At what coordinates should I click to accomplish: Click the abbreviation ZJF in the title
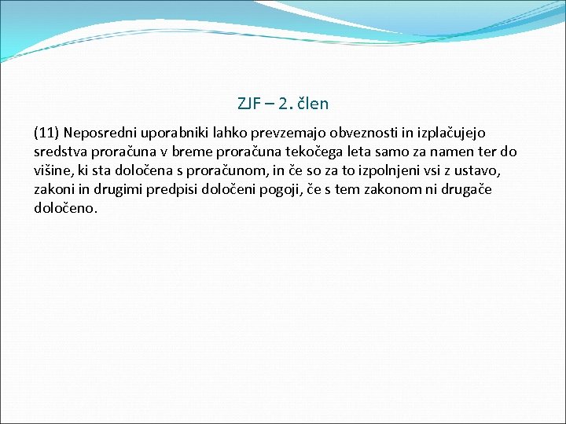pyautogui.click(x=248, y=103)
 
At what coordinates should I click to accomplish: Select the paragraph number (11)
pyautogui.click(x=46, y=133)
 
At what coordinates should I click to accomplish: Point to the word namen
pyautogui.click(x=445, y=152)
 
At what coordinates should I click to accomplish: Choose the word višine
pyautogui.click(x=53, y=171)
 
